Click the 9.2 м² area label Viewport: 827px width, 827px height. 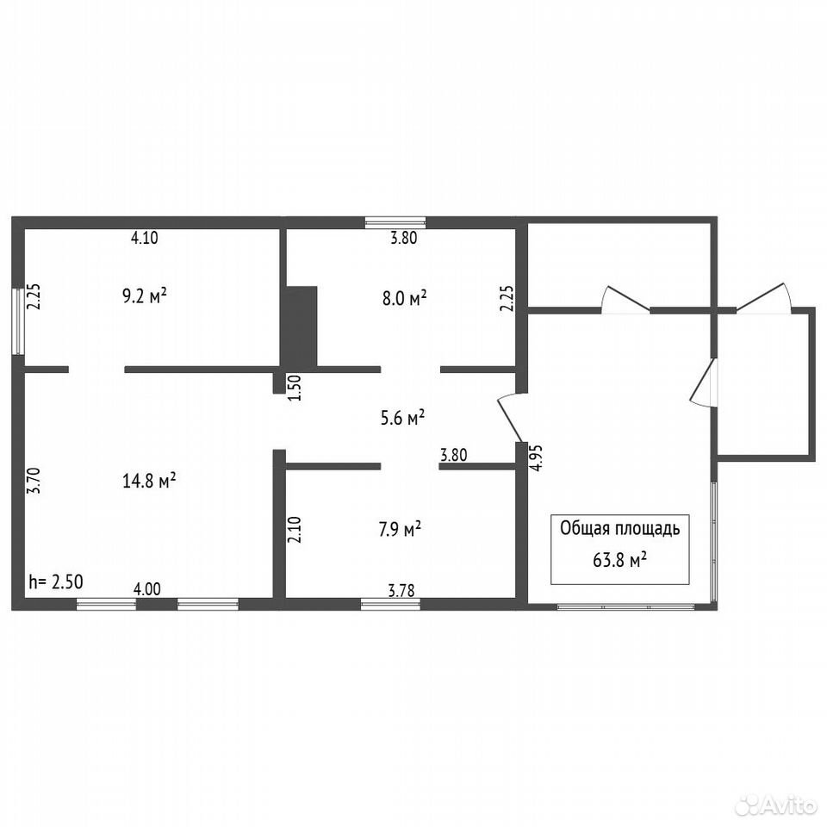[x=145, y=295]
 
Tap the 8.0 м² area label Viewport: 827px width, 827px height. [x=405, y=299]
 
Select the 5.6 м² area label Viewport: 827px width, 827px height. [x=403, y=418]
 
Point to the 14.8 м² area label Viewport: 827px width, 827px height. [x=149, y=481]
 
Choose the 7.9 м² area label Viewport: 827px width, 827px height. [x=400, y=528]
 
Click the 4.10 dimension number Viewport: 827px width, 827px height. [x=145, y=238]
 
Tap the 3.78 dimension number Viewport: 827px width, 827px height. [x=401, y=591]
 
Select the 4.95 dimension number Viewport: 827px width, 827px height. [x=536, y=457]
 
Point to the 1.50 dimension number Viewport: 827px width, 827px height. [x=295, y=388]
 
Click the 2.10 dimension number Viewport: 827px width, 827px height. [x=295, y=530]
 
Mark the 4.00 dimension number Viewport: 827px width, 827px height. [x=146, y=588]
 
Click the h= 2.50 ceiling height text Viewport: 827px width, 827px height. [x=56, y=581]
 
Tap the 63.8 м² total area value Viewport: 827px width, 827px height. [x=619, y=560]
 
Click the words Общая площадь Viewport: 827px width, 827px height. [x=619, y=528]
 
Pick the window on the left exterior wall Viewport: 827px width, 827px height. [x=18, y=321]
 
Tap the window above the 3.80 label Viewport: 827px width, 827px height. [x=395, y=222]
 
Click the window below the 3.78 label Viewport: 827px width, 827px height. [x=390, y=604]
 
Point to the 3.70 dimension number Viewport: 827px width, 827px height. [x=34, y=481]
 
